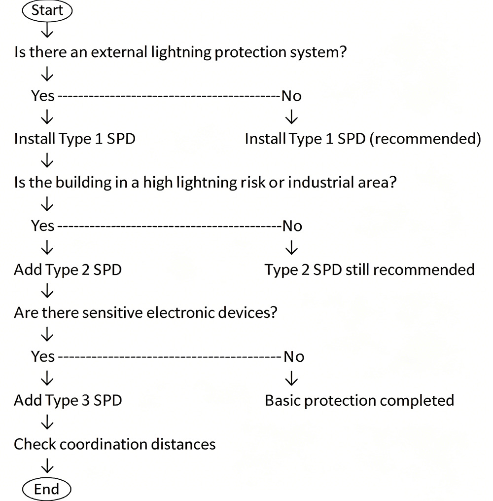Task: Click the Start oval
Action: (x=47, y=10)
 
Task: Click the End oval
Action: (x=47, y=489)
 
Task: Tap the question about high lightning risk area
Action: (x=206, y=183)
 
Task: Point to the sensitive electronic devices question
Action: (x=145, y=313)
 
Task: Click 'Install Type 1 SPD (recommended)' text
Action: (x=363, y=139)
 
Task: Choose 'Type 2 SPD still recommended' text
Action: (x=369, y=270)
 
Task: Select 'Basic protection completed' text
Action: (x=359, y=400)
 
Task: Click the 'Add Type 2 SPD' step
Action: (x=68, y=270)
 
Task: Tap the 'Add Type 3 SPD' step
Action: (x=68, y=400)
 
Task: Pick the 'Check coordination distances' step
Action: (x=115, y=444)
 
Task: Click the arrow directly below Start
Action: (x=47, y=31)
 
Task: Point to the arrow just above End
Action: (x=47, y=466)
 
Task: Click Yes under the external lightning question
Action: (x=43, y=96)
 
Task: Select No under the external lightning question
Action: (x=291, y=96)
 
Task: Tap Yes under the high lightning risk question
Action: (x=43, y=226)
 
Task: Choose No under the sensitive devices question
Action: (x=294, y=356)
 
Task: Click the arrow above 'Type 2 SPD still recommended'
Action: (x=292, y=248)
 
